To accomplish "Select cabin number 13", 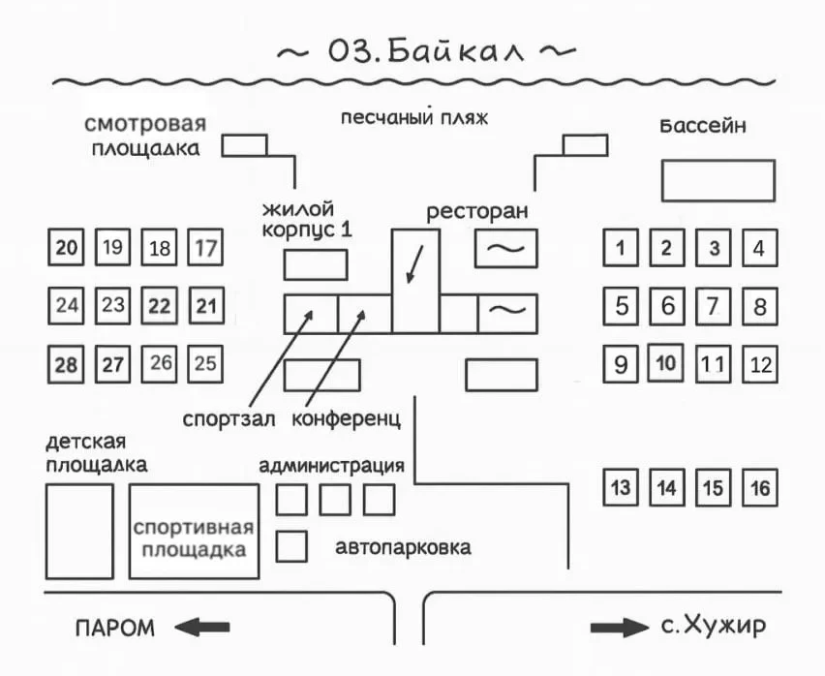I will [622, 487].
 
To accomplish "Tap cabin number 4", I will [759, 249].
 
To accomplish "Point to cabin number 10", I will [666, 364].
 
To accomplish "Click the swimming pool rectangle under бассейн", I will [718, 180].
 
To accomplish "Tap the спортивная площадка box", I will [195, 532].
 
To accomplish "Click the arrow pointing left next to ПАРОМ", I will [202, 628].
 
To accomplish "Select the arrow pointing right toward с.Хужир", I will [619, 628].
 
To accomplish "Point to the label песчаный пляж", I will [413, 118].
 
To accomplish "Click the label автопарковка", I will [404, 547].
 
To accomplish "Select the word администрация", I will [331, 466].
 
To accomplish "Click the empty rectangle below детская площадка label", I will [79, 532].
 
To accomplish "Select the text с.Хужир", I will [714, 627].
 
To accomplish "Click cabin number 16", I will [760, 487].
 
